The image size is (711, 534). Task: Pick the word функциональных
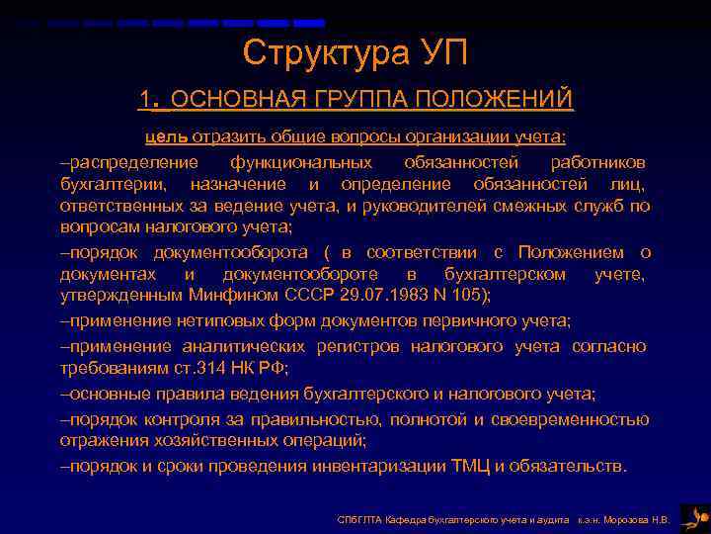click(x=301, y=161)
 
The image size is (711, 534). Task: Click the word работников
click(x=598, y=161)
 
